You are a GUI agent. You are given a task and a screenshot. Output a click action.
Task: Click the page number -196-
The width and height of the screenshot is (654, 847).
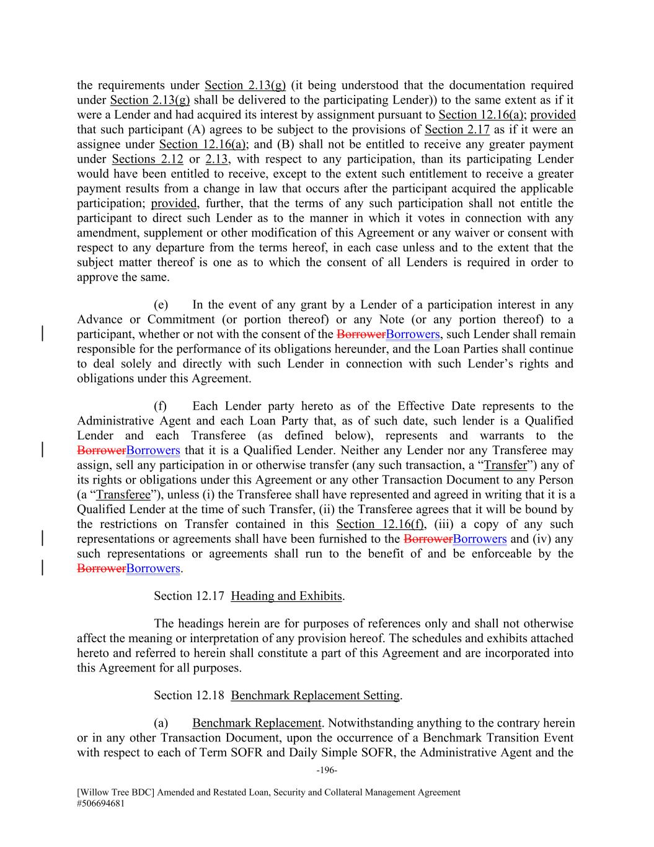click(x=326, y=770)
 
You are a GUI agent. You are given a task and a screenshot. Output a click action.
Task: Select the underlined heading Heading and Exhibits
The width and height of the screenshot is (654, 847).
click(x=286, y=596)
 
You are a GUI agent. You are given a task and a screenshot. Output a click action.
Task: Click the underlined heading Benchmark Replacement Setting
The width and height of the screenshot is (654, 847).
click(x=315, y=695)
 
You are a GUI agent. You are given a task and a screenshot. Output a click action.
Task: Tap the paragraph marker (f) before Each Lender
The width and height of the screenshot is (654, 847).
click(x=161, y=406)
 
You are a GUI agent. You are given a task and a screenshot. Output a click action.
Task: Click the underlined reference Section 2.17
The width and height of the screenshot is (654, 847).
click(x=457, y=130)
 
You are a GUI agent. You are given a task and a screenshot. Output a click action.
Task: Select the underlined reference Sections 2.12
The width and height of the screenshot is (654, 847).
click(x=147, y=159)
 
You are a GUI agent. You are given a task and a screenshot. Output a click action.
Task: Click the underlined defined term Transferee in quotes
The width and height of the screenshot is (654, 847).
click(x=123, y=495)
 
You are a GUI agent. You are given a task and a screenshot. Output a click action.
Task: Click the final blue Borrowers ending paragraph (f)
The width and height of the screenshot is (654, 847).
click(x=152, y=568)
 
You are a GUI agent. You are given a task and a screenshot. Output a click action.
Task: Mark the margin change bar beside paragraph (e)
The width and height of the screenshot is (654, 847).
click(x=42, y=334)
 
